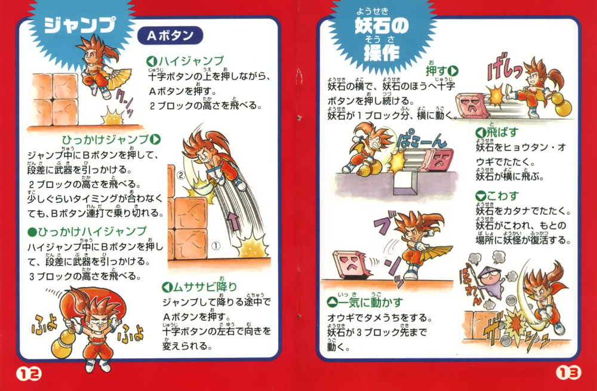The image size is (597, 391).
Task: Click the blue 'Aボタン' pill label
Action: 170,36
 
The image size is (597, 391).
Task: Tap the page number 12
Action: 29,374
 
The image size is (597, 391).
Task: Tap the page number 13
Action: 568,372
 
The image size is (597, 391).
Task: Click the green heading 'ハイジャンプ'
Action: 191,61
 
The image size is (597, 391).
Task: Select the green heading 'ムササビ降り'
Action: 205,287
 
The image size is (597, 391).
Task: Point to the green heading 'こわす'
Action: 503,196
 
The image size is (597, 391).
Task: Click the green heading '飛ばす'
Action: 503,133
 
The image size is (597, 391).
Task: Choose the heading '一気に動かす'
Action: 370,303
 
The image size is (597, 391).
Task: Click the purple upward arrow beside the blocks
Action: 234,221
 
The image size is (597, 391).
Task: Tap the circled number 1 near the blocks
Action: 216,246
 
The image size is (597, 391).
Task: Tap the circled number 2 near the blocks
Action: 181,176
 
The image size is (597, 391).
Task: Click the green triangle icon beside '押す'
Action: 453,71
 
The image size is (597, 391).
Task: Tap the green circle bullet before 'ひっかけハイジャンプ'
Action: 32,232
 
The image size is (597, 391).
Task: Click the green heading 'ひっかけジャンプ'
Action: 105,140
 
